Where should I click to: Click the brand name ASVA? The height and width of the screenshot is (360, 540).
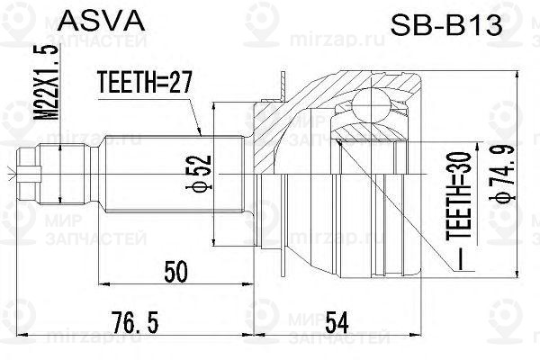[x=102, y=21]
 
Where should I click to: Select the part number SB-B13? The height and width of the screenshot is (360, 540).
[x=446, y=25]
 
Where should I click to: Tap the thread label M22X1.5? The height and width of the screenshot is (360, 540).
[x=47, y=82]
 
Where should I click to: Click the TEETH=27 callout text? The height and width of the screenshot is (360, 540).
[x=144, y=82]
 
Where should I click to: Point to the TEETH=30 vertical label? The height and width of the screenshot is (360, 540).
[x=459, y=195]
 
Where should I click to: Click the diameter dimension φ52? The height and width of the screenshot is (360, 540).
[x=199, y=172]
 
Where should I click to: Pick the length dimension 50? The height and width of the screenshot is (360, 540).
[x=176, y=271]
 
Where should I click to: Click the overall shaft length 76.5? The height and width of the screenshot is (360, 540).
[x=135, y=322]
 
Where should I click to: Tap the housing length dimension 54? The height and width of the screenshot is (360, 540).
[x=337, y=322]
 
